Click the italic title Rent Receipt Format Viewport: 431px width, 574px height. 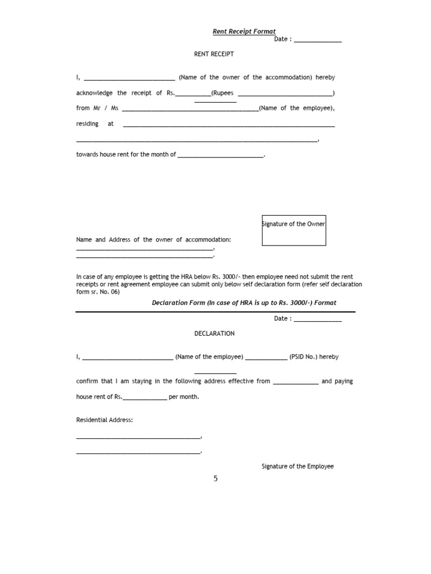244,32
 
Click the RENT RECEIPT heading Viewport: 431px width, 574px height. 214,54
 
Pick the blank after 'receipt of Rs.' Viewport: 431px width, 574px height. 193,94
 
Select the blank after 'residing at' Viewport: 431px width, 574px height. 228,125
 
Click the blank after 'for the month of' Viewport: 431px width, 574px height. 220,156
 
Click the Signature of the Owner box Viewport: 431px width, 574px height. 294,230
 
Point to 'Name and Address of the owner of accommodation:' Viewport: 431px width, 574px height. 154,239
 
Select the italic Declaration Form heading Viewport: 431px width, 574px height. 244,303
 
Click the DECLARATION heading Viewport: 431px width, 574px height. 214,334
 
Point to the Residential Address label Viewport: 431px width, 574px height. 105,420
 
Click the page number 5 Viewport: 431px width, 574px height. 215,479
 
